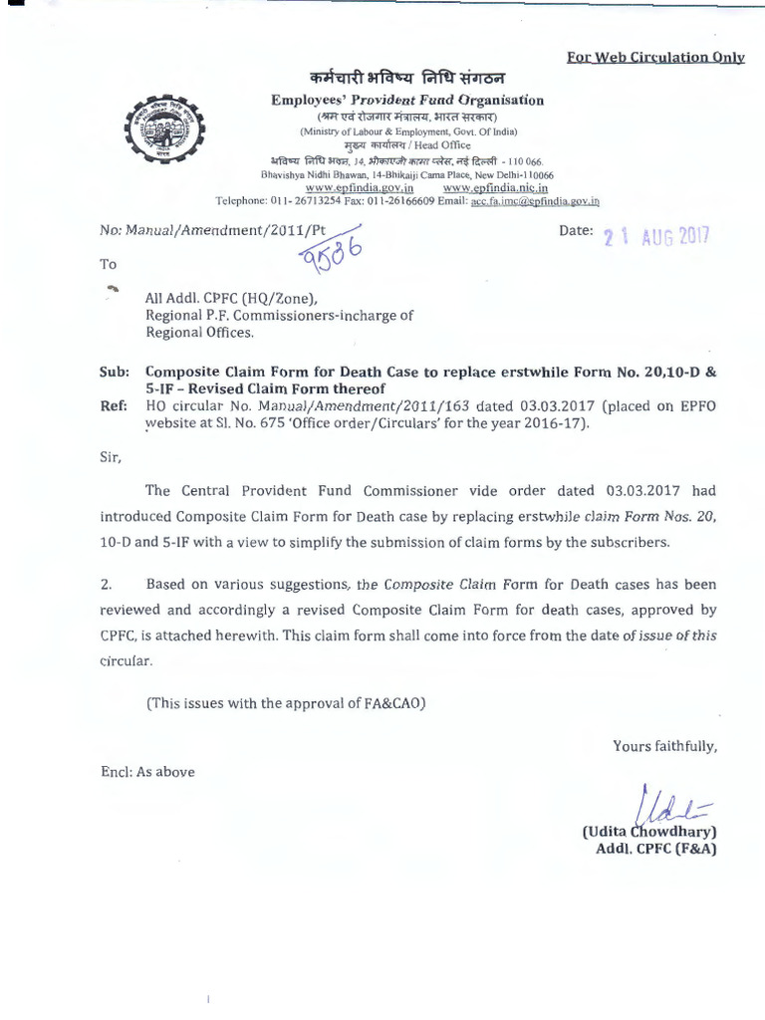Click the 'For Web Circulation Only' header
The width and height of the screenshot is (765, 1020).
point(655,57)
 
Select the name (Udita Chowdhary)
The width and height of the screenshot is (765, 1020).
point(648,831)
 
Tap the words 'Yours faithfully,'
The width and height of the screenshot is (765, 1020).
point(664,745)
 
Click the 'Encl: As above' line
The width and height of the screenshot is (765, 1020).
point(147,771)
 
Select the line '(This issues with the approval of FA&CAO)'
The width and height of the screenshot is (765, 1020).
point(286,702)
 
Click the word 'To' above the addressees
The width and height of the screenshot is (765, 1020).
point(108,264)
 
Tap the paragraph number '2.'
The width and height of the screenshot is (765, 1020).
point(107,584)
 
